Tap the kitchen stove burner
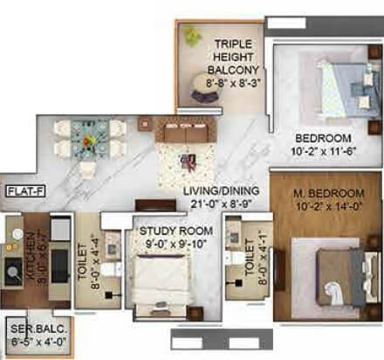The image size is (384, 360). pos(15,270)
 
